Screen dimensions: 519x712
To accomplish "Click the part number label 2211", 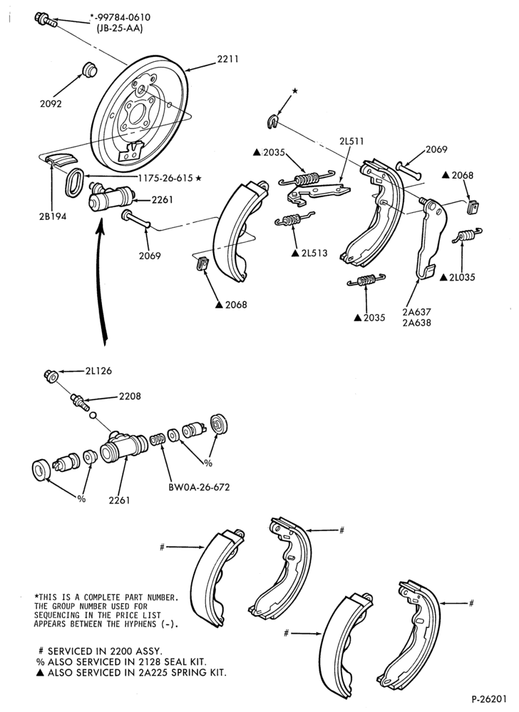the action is click(x=227, y=59).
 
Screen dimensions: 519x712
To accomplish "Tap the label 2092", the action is click(x=51, y=103).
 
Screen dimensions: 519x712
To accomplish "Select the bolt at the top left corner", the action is click(x=45, y=19).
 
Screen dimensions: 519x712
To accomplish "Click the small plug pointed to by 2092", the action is click(x=88, y=68).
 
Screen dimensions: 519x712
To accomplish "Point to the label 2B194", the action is click(x=52, y=216).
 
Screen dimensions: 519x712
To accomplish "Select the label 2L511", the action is click(x=351, y=142).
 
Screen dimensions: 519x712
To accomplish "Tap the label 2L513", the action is click(x=314, y=253).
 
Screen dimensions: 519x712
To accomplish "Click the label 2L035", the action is click(x=462, y=277).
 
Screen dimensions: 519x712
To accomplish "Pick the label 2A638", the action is click(x=416, y=323).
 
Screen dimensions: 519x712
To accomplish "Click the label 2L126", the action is click(x=98, y=371).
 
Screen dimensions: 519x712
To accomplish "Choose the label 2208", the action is click(x=130, y=397).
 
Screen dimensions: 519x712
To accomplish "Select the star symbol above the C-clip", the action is click(x=295, y=91).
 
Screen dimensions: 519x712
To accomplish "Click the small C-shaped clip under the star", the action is click(x=272, y=122).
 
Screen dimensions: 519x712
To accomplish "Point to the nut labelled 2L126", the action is click(x=51, y=377).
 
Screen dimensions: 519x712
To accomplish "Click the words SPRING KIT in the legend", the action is click(x=200, y=673).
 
